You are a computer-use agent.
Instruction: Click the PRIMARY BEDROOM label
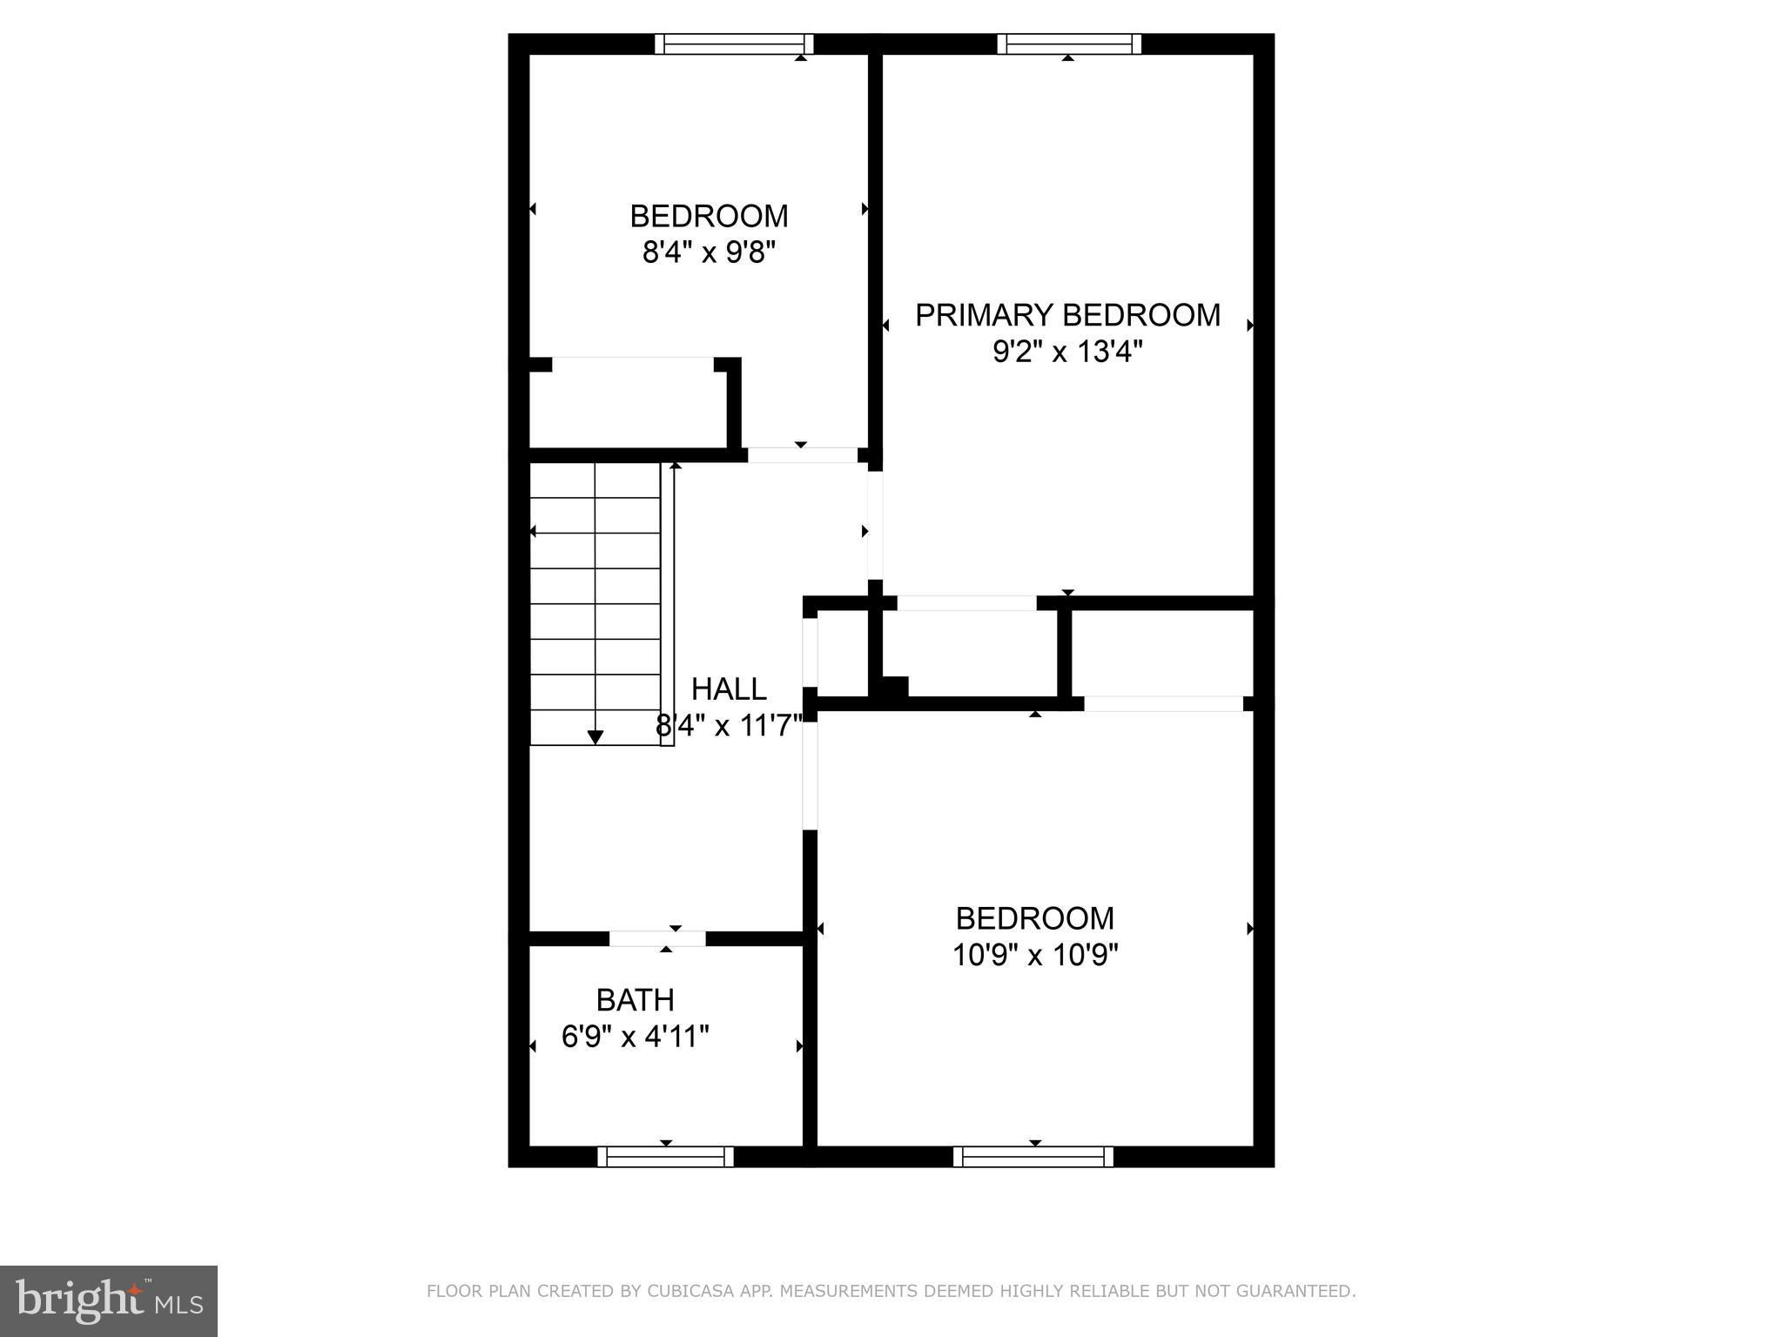point(1067,315)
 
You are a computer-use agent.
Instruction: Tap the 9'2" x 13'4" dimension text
point(1067,352)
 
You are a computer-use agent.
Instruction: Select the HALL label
point(729,689)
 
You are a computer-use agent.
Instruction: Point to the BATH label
point(636,1000)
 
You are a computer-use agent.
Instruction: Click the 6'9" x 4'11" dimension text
point(636,1037)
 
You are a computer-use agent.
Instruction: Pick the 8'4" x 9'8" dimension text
point(709,252)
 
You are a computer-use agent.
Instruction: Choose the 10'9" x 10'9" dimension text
point(1035,955)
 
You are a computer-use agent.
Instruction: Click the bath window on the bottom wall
point(666,1157)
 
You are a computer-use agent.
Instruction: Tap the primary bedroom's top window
point(1069,44)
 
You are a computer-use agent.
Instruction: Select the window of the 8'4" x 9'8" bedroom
point(734,44)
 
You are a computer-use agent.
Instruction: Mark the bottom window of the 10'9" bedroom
point(1033,1157)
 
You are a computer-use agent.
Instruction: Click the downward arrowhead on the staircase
point(595,737)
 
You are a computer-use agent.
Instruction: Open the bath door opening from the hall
point(657,938)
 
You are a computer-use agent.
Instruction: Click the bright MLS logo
point(109,1301)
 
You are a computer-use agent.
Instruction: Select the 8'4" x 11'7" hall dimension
point(729,726)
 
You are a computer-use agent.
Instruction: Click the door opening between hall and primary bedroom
point(875,525)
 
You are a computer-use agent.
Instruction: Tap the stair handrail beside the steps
point(667,605)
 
